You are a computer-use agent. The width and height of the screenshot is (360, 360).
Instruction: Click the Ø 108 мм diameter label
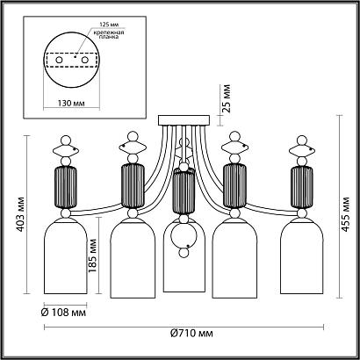(63, 312)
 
